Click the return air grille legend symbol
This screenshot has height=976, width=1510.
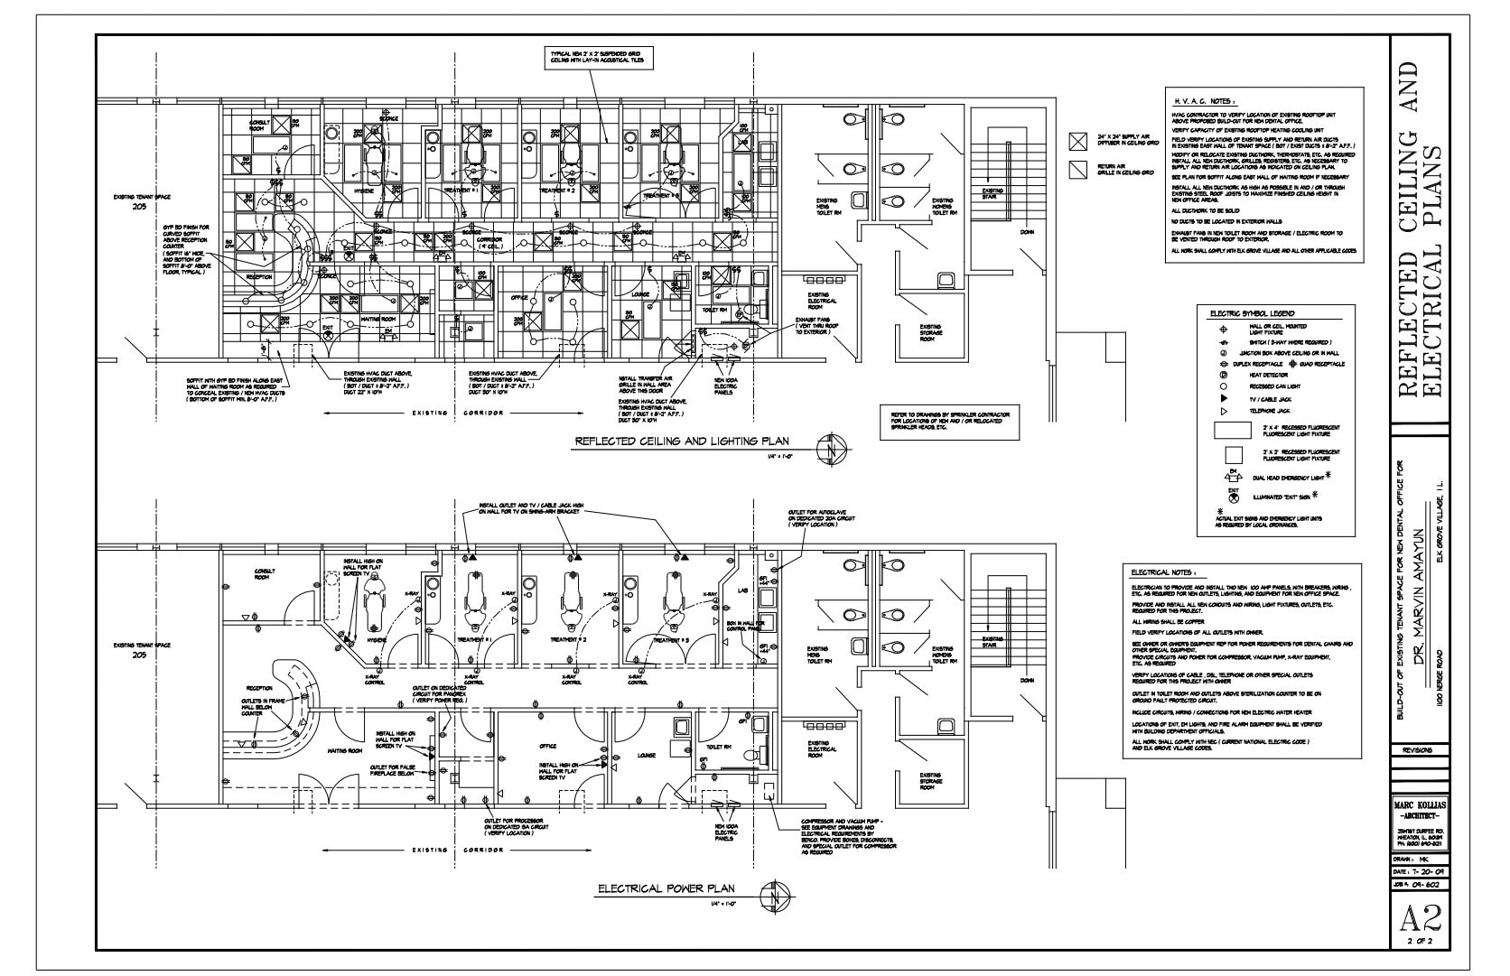(x=1077, y=169)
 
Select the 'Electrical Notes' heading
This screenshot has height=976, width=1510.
(x=1163, y=572)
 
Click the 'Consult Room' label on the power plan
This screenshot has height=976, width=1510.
(x=265, y=573)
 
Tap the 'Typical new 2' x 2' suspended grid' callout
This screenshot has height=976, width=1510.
(x=597, y=58)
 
